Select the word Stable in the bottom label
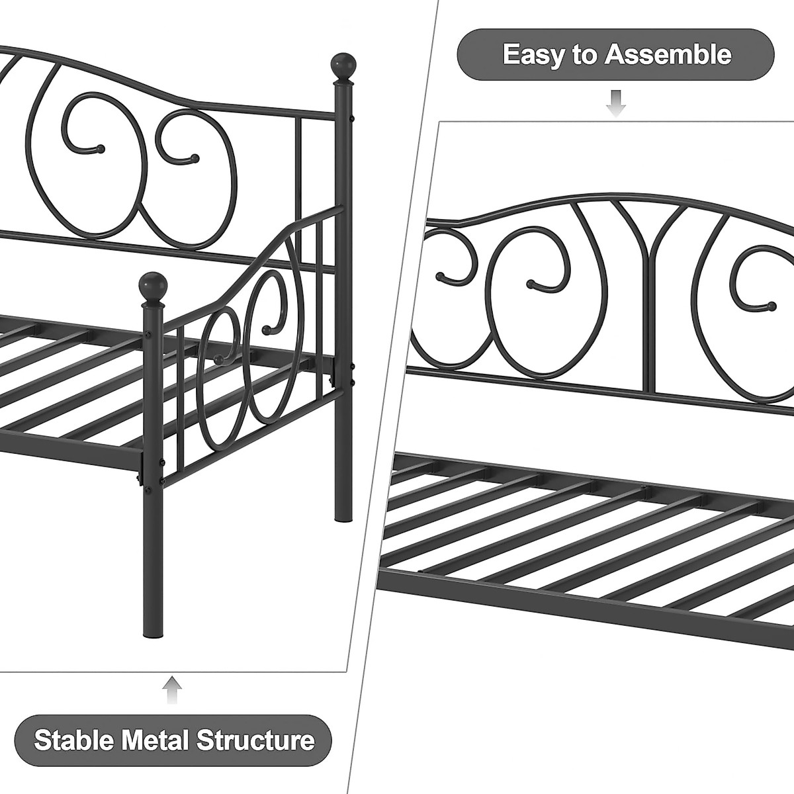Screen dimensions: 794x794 [x=74, y=740]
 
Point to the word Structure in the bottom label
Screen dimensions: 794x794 [x=255, y=740]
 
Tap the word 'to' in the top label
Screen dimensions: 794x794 [x=584, y=54]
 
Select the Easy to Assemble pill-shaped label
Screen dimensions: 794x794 [x=615, y=54]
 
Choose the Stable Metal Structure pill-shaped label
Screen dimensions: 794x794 [x=174, y=740]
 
